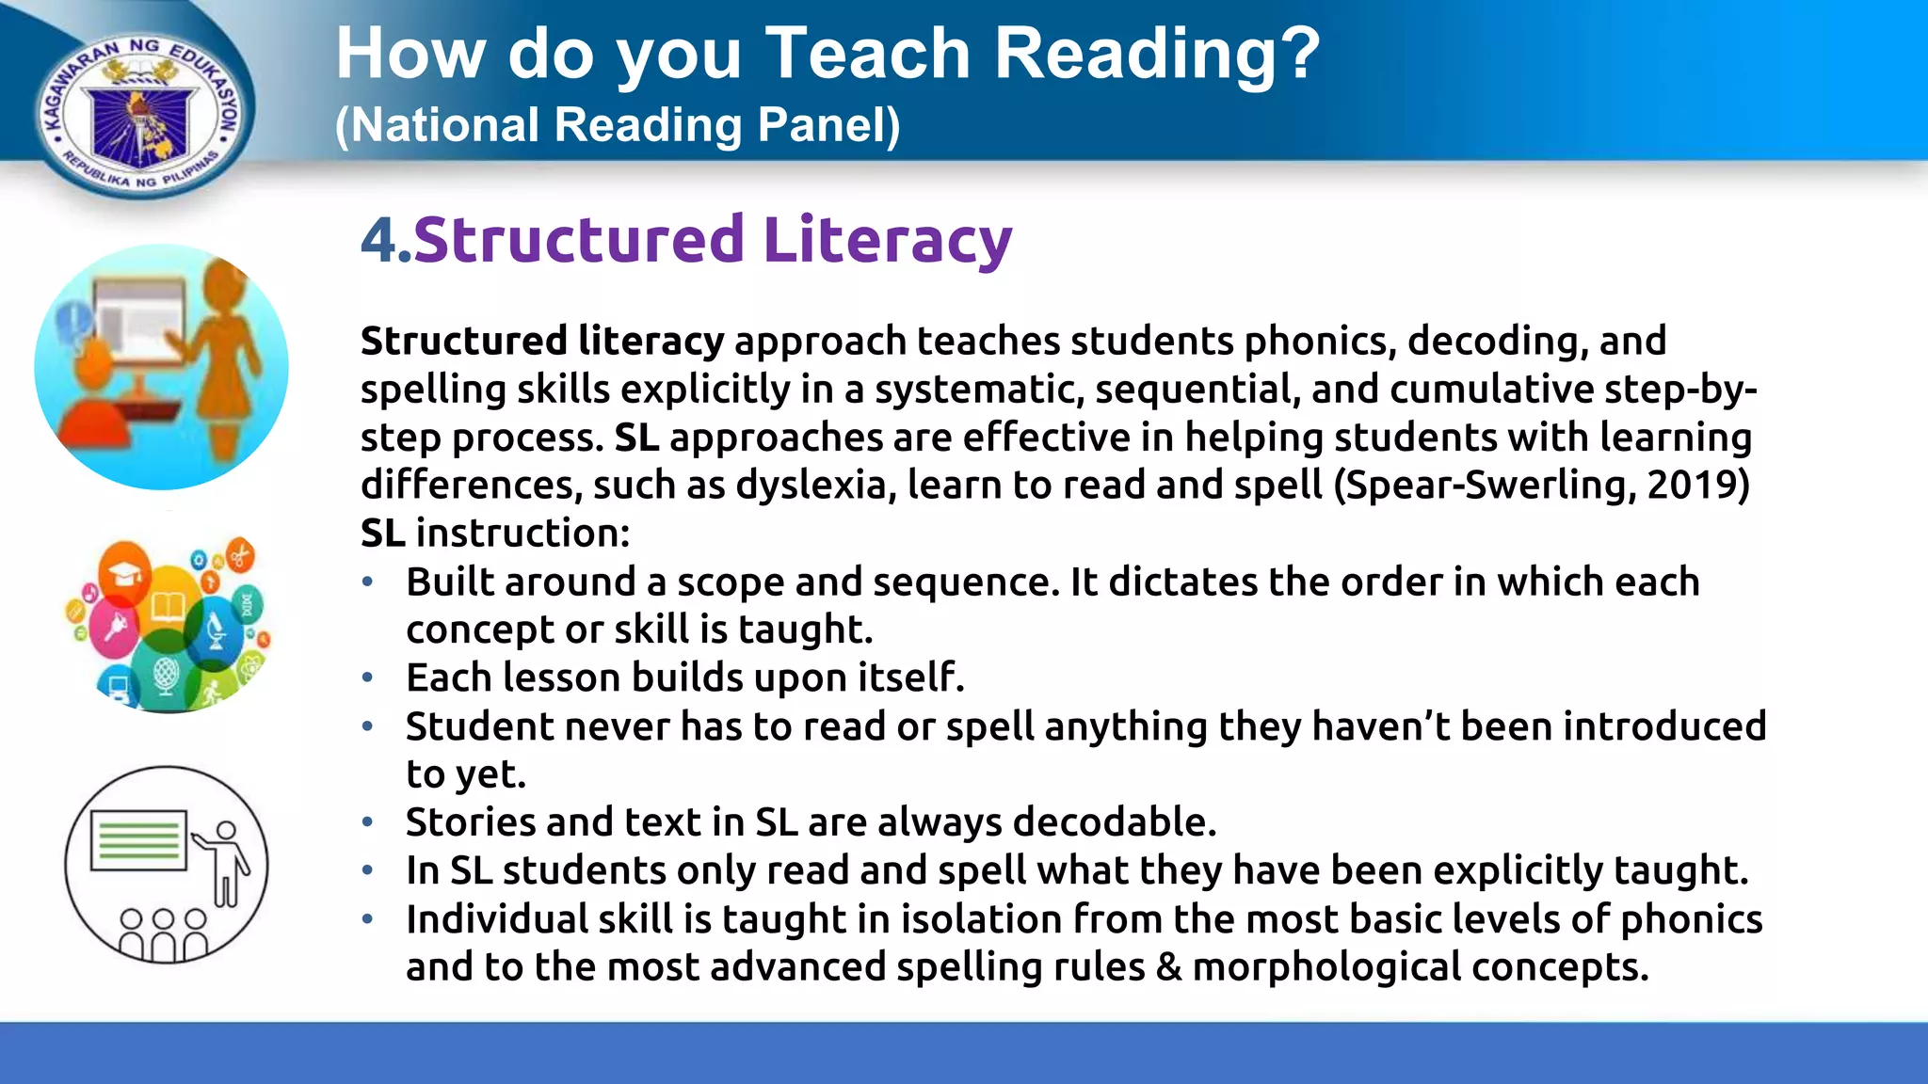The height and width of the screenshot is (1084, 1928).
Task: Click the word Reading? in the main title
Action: pyautogui.click(x=1157, y=55)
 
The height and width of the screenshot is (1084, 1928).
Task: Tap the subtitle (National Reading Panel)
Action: pyautogui.click(x=618, y=125)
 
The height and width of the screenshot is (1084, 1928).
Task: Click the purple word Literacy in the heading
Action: pyautogui.click(x=887, y=240)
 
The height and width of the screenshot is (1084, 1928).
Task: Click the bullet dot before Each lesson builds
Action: pyautogui.click(x=368, y=677)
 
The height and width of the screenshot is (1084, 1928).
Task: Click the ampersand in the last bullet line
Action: pyautogui.click(x=1168, y=967)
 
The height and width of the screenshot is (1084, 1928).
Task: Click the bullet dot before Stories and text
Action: pyautogui.click(x=368, y=822)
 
